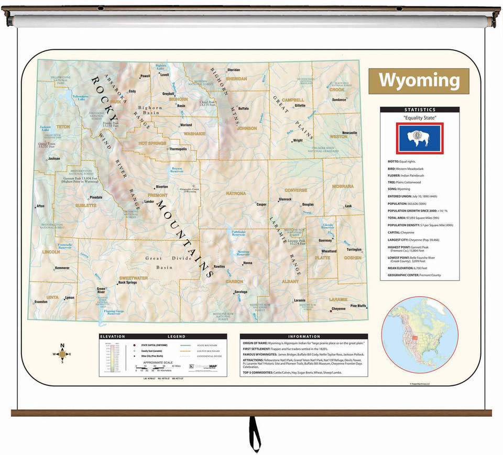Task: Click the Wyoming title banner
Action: click(419, 81)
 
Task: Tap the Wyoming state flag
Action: click(419, 138)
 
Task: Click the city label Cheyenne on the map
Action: click(338, 309)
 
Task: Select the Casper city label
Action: click(261, 205)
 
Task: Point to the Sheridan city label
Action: click(233, 70)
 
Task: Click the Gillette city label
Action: click(299, 105)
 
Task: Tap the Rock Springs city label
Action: click(127, 283)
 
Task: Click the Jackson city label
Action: click(54, 159)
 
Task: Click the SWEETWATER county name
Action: click(133, 278)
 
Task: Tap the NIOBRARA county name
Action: click(343, 186)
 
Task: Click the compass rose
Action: click(62, 354)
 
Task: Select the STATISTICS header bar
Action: click(419, 110)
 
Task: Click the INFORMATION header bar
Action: click(304, 337)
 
